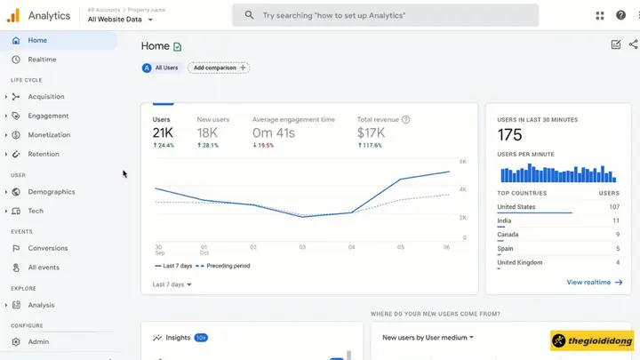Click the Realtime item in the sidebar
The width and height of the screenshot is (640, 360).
point(42,60)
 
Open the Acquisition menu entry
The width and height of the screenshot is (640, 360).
point(46,97)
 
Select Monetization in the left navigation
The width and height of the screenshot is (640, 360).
point(49,135)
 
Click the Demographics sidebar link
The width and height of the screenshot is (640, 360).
point(52,192)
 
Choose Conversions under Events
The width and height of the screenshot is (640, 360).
point(48,249)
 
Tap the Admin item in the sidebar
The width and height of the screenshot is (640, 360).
point(38,342)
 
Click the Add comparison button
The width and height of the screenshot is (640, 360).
point(219,68)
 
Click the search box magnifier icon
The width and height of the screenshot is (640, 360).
point(249,15)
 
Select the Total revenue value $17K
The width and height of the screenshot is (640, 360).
point(370,132)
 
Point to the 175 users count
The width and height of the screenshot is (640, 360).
point(510,135)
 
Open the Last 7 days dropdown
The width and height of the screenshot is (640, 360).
point(172,285)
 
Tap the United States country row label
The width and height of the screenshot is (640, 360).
point(516,207)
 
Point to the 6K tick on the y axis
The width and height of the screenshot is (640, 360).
point(463,162)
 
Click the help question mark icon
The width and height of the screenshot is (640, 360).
point(621,15)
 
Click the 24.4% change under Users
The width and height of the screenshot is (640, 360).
point(165,145)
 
